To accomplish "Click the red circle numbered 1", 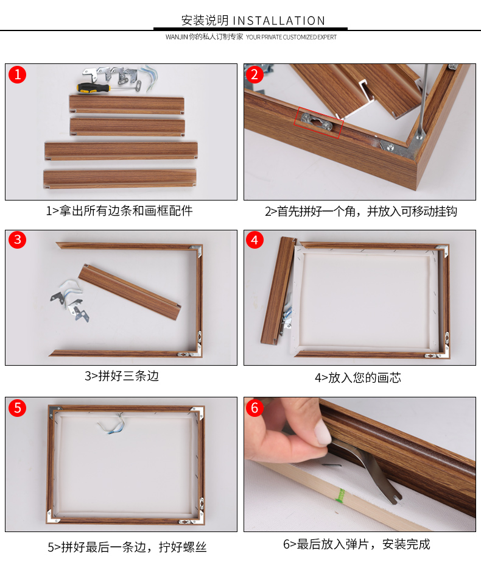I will point(18,75).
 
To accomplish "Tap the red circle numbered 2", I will point(255,75).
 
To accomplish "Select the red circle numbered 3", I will point(18,240).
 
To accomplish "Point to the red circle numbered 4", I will point(255,240).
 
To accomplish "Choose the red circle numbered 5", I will point(18,407).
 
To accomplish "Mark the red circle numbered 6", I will point(255,407).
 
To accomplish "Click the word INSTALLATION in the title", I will point(279,21).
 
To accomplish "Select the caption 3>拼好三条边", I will point(121,376).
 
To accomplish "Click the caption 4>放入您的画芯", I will point(357,377).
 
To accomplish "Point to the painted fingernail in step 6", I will point(322,433).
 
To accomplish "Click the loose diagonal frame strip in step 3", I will point(131,293).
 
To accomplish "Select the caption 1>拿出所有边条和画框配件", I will point(119,211).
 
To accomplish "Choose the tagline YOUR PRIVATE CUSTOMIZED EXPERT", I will point(291,37).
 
